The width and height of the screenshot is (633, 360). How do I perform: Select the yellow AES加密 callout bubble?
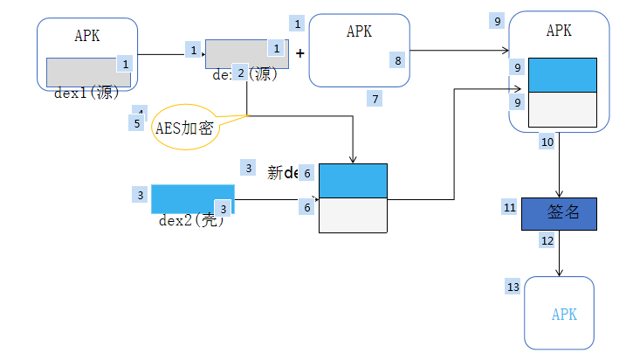(x=185, y=128)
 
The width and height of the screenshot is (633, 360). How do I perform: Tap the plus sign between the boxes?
(x=300, y=53)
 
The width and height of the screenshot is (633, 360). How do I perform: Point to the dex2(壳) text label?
(x=192, y=220)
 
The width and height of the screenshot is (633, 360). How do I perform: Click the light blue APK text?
(x=564, y=315)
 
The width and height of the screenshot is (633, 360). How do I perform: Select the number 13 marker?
(x=513, y=287)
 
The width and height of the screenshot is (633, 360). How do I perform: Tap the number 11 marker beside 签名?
(x=510, y=207)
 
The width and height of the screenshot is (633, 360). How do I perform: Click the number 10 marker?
(x=547, y=141)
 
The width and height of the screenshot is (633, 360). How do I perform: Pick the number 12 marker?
(x=547, y=239)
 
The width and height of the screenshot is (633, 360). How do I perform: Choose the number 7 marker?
(x=375, y=99)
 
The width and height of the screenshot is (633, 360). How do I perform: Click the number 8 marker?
(x=398, y=60)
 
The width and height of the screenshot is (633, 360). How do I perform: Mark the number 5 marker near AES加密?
(x=137, y=123)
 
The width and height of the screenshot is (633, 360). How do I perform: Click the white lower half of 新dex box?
(x=353, y=215)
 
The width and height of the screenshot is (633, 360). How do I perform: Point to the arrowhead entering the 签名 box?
(x=559, y=194)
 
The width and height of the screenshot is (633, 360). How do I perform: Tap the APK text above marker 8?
(x=359, y=31)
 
